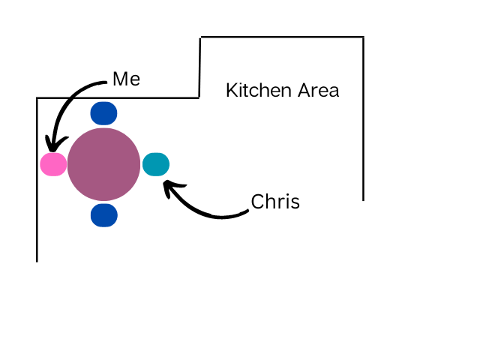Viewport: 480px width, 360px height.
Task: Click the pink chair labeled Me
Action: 53,164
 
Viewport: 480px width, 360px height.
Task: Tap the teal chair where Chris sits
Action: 156,164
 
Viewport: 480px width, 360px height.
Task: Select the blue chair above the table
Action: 103,113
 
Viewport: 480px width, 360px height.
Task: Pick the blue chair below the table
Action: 103,215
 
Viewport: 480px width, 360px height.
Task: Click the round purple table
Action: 103,164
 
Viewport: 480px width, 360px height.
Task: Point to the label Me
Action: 126,79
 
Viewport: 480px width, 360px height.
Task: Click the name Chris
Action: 275,202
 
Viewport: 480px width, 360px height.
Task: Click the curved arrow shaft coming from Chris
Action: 214,216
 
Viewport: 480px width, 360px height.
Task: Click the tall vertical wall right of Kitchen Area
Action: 364,120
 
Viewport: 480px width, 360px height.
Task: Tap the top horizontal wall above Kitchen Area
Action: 281,37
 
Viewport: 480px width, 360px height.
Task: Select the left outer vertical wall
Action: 37,180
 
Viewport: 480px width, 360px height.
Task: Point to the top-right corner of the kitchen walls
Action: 364,37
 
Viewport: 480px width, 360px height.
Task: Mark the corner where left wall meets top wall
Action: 37,97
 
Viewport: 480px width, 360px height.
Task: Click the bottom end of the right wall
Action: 364,199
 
